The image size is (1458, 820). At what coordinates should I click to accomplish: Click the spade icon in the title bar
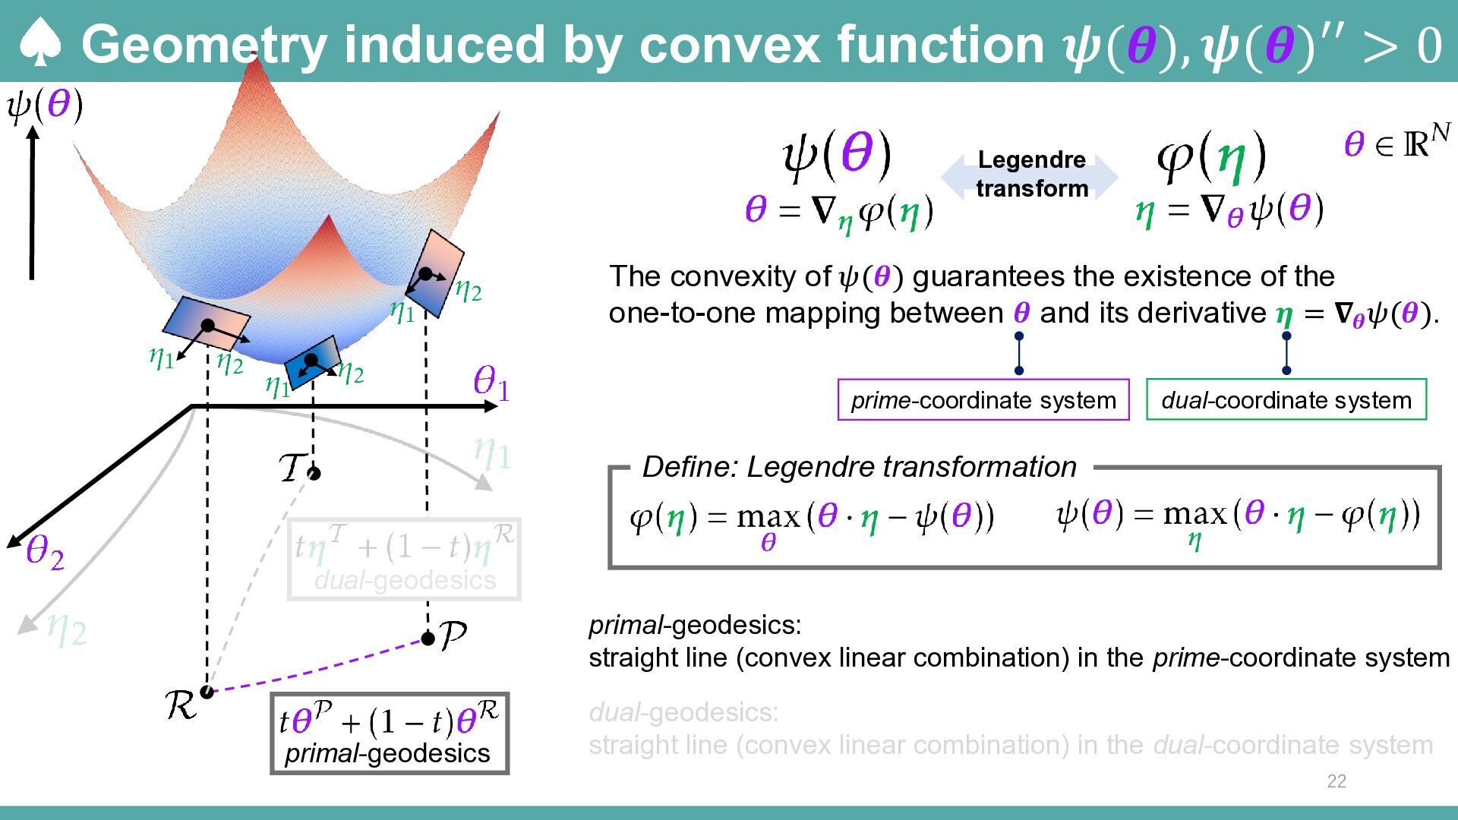[x=39, y=43]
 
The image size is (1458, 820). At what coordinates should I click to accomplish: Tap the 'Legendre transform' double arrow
[x=1030, y=175]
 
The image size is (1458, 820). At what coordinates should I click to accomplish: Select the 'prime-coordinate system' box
[x=983, y=399]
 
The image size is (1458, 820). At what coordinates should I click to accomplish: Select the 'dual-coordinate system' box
[x=1286, y=399]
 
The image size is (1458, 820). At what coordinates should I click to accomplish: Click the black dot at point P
[x=428, y=639]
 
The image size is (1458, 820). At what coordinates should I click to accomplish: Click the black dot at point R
[x=207, y=692]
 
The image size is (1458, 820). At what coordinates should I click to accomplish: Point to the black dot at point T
[x=314, y=474]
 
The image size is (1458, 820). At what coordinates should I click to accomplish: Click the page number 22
[x=1336, y=781]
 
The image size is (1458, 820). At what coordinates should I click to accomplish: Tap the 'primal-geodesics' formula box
[x=390, y=733]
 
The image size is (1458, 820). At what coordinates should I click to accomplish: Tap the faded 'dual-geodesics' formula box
[x=405, y=560]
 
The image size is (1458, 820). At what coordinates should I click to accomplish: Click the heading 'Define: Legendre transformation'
[x=859, y=467]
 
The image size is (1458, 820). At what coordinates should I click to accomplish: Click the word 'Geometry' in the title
[x=204, y=44]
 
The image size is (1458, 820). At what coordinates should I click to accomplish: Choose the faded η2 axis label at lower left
[x=67, y=629]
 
